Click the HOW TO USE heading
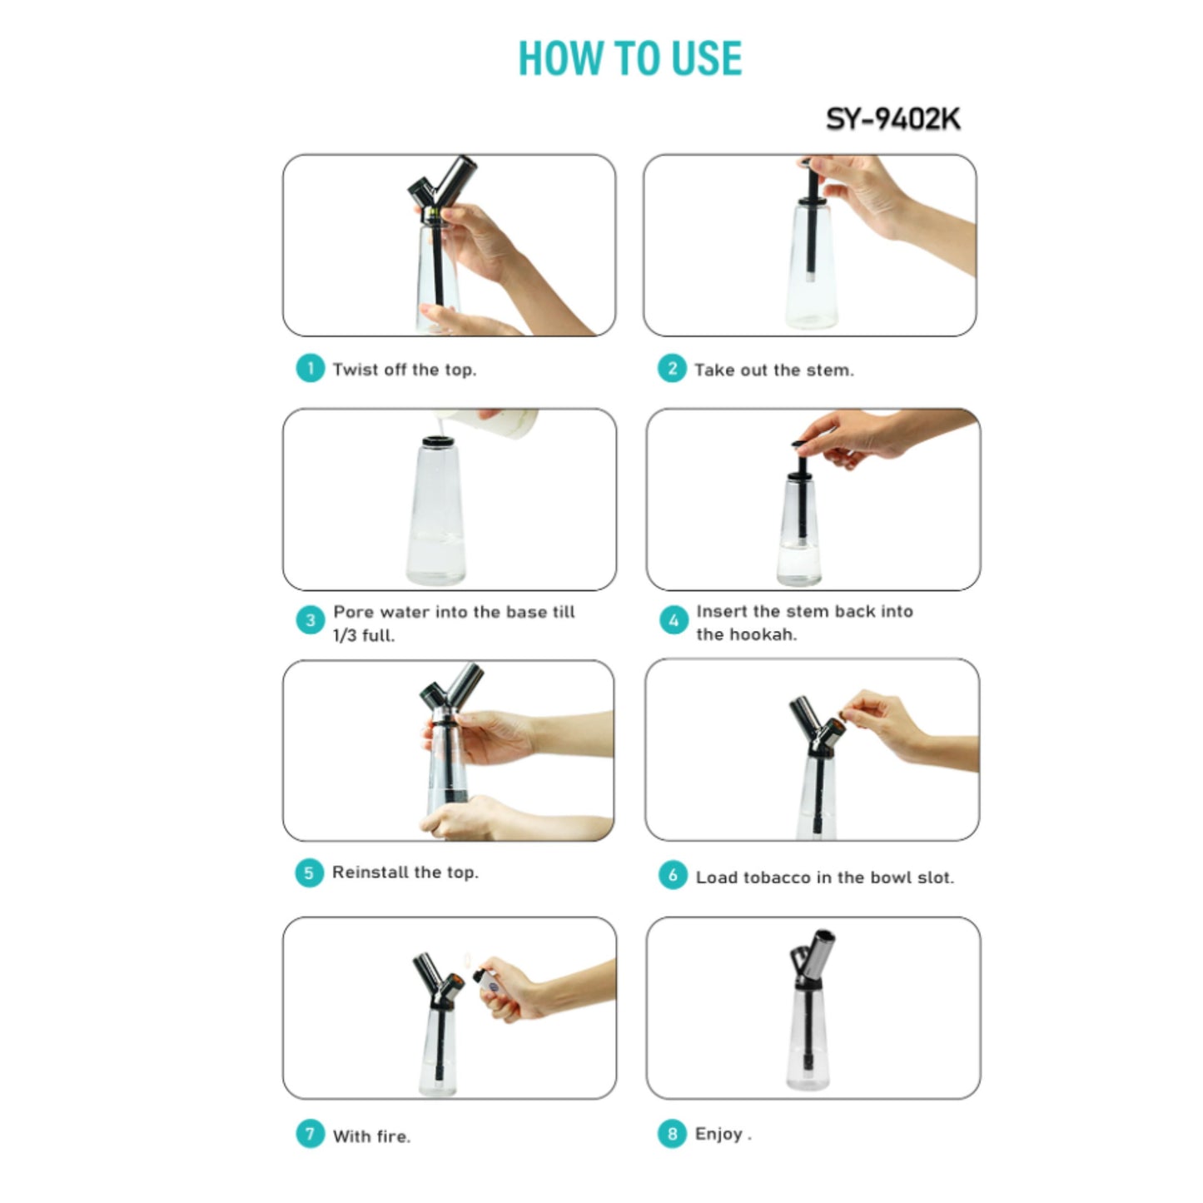(629, 59)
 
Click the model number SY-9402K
(892, 119)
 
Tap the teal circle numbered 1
(310, 368)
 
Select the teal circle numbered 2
(672, 368)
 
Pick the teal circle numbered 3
(310, 620)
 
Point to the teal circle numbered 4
(674, 620)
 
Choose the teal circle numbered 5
(309, 872)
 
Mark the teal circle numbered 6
(673, 876)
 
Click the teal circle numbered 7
(310, 1134)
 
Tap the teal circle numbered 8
(672, 1134)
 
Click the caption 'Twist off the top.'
(405, 370)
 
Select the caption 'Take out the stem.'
(774, 370)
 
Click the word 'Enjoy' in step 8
(718, 1134)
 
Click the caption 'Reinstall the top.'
(405, 872)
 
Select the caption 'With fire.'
(371, 1136)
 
